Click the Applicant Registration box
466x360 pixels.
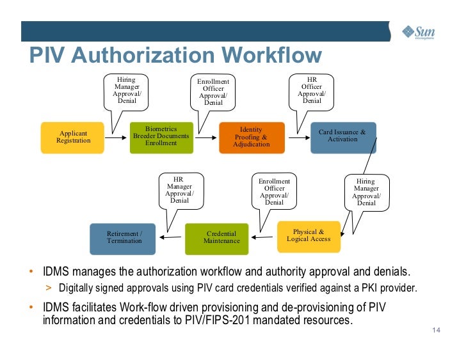[72, 137]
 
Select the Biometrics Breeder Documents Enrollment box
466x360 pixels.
[161, 136]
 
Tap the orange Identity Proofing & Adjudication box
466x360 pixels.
[251, 137]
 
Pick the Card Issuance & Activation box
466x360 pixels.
[343, 136]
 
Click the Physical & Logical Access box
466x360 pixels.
[309, 236]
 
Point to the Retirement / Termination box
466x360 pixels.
[124, 237]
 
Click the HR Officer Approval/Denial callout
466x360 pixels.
[312, 90]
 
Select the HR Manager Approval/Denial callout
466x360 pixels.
[180, 189]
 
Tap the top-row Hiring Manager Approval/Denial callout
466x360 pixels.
[127, 90]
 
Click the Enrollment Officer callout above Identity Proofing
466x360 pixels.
[213, 92]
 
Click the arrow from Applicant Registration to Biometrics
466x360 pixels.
[116, 137]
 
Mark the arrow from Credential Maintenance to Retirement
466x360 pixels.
[171, 237]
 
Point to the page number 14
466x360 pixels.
[437, 330]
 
